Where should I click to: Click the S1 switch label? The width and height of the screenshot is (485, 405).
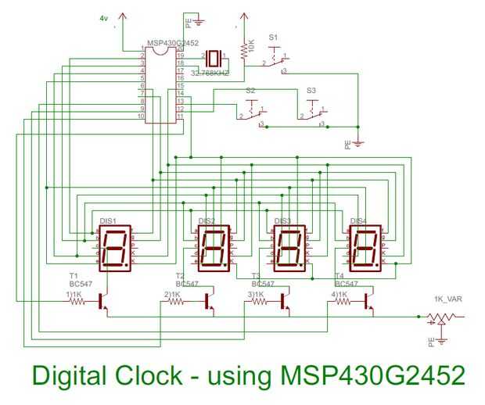pos(272,37)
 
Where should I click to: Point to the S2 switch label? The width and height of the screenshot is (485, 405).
pos(250,91)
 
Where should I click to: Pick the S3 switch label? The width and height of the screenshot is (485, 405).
pos(311,91)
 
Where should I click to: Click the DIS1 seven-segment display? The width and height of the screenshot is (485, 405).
pos(115,249)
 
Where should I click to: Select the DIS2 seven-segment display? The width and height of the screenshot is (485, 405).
pos(213,249)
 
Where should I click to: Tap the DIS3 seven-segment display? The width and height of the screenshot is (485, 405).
pos(286,249)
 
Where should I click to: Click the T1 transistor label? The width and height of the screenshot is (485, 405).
pos(74,276)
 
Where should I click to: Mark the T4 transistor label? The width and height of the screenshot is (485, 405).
pos(339,276)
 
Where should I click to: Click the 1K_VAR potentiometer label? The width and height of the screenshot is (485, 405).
pos(446,299)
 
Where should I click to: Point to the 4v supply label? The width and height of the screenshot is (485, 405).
pos(104,17)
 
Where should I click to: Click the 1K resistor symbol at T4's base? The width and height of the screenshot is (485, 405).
pos(342,301)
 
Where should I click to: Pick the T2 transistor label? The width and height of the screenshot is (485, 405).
pos(181,276)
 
